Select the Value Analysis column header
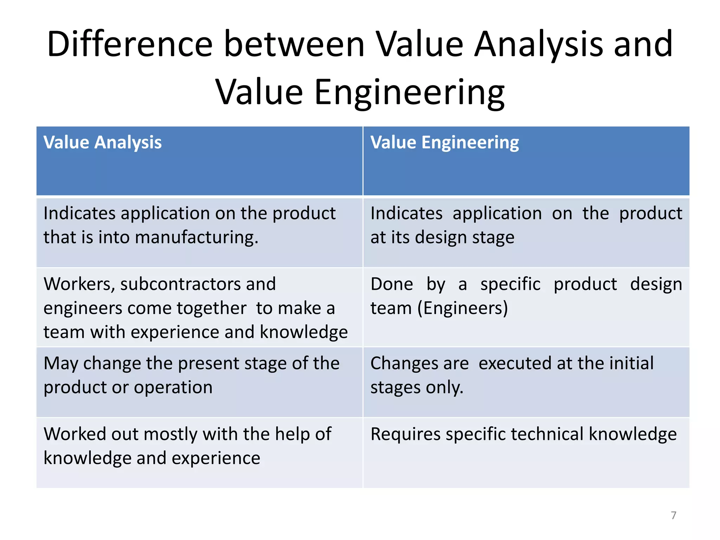[x=102, y=143]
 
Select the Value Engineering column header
[x=444, y=143]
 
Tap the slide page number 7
[x=673, y=515]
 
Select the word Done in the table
[x=392, y=284]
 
